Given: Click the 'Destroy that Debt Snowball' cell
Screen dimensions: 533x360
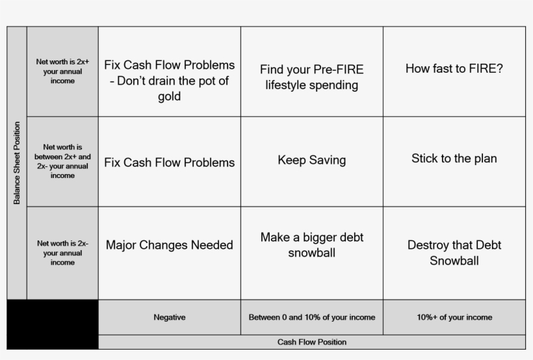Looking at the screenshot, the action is (x=454, y=253).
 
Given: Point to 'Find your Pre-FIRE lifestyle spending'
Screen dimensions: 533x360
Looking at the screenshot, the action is (x=312, y=77).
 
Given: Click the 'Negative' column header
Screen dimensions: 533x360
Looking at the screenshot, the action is (x=169, y=317).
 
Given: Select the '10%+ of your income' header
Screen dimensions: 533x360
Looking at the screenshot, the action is (x=454, y=317).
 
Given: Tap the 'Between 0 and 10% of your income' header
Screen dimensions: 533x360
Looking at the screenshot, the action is (x=312, y=317).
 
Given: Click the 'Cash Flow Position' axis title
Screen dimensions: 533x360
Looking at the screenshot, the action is (x=312, y=342).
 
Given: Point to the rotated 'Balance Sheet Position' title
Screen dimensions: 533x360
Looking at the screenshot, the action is (x=17, y=163).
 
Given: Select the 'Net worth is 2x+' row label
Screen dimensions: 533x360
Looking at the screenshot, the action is (x=62, y=71).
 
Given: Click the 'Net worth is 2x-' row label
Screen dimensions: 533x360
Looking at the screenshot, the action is (x=62, y=253).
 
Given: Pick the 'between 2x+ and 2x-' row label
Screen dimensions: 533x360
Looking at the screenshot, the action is (x=62, y=161).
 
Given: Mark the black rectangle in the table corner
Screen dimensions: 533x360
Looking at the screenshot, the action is (x=53, y=324).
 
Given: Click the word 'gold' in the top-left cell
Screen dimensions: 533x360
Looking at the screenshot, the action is (x=169, y=97).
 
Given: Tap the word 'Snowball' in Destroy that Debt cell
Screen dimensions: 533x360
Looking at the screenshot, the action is (x=454, y=261).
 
